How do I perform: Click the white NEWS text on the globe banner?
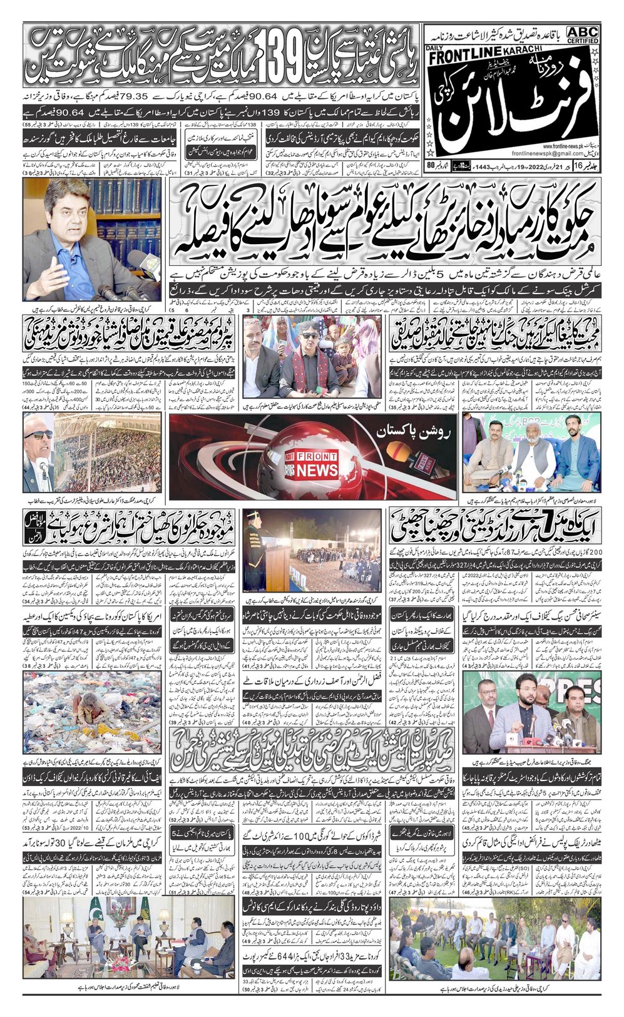tap(317, 469)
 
